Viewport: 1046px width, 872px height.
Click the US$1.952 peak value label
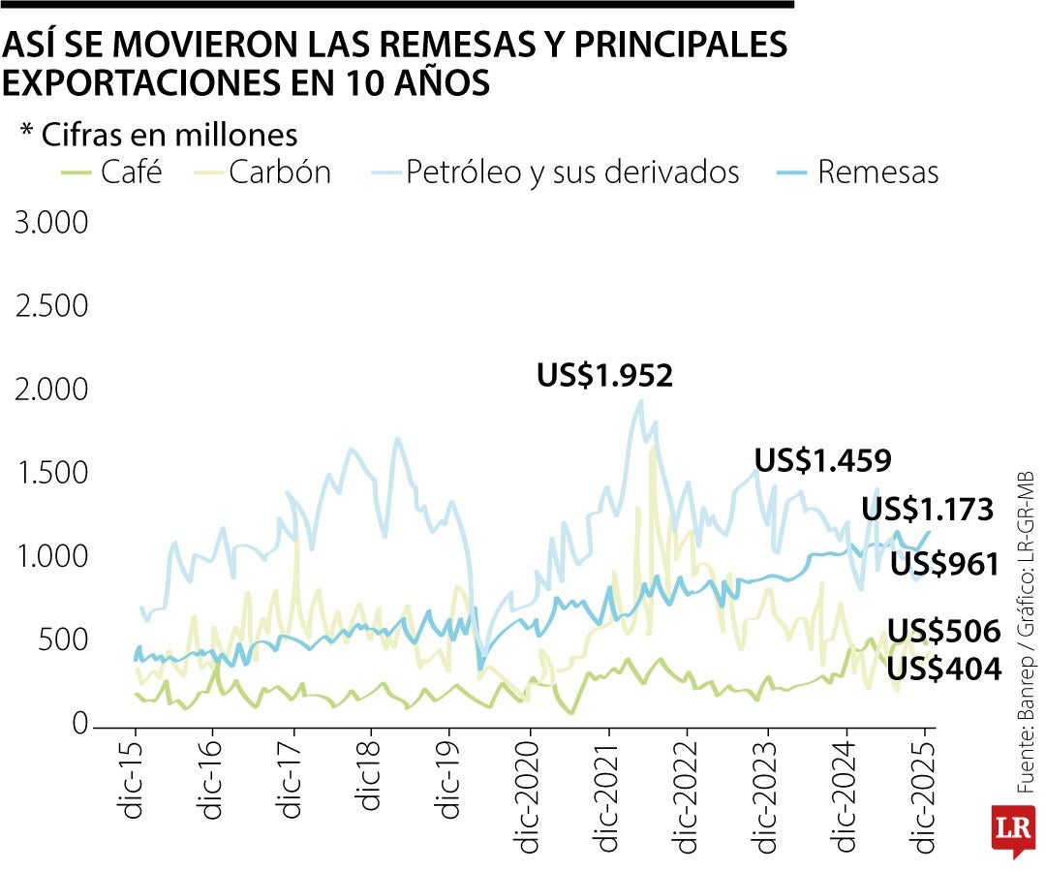point(604,376)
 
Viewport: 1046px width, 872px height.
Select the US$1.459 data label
point(822,460)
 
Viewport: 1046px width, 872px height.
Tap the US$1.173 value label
point(928,510)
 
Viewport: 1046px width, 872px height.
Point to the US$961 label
point(944,564)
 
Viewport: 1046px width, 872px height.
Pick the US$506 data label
point(943,632)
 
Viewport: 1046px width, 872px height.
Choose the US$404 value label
point(943,668)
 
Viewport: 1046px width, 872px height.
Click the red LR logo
point(1011,829)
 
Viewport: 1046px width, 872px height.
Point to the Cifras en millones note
point(159,135)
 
